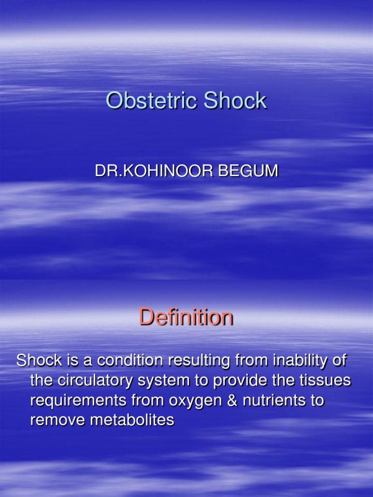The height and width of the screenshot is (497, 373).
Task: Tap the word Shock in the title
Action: click(x=236, y=101)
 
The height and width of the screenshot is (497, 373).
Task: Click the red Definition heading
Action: click(x=186, y=317)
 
